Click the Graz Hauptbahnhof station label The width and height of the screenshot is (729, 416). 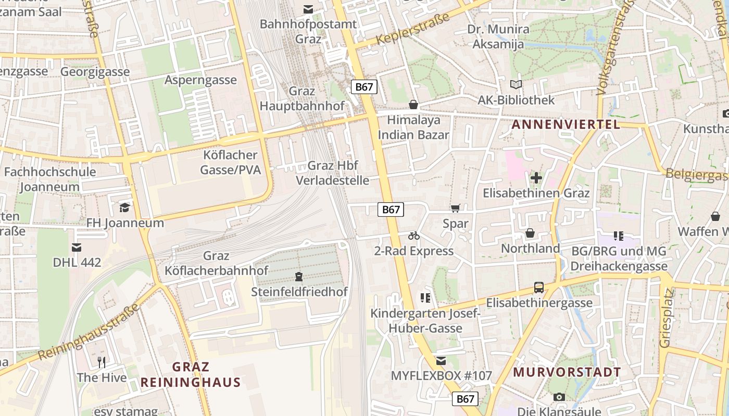pyautogui.click(x=302, y=98)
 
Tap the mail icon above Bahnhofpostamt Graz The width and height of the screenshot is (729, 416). pyautogui.click(x=309, y=9)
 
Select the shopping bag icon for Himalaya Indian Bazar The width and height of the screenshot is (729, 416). pyautogui.click(x=413, y=105)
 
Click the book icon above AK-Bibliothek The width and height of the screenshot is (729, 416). pyautogui.click(x=516, y=84)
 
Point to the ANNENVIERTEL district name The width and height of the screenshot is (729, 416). pyautogui.click(x=566, y=124)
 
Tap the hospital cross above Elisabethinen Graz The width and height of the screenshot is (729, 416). pyautogui.click(x=536, y=178)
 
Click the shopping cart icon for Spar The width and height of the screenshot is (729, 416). pyautogui.click(x=456, y=209)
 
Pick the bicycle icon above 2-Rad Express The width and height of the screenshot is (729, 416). pyautogui.click(x=414, y=236)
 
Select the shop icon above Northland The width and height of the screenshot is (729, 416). pyautogui.click(x=530, y=233)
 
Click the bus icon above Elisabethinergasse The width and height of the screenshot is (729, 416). pyautogui.click(x=539, y=287)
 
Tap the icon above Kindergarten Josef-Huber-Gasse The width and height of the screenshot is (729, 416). pyautogui.click(x=425, y=298)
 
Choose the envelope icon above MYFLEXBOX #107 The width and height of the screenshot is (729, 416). pyautogui.click(x=441, y=361)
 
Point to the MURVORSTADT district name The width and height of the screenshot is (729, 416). pyautogui.click(x=567, y=372)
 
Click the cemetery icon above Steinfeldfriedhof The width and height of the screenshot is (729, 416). pyautogui.click(x=299, y=276)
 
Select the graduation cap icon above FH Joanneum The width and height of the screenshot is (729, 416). pyautogui.click(x=124, y=208)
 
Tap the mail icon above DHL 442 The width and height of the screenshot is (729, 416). pyautogui.click(x=77, y=247)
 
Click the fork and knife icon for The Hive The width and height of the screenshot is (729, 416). pyautogui.click(x=102, y=362)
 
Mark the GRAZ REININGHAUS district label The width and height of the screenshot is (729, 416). pyautogui.click(x=190, y=374)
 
